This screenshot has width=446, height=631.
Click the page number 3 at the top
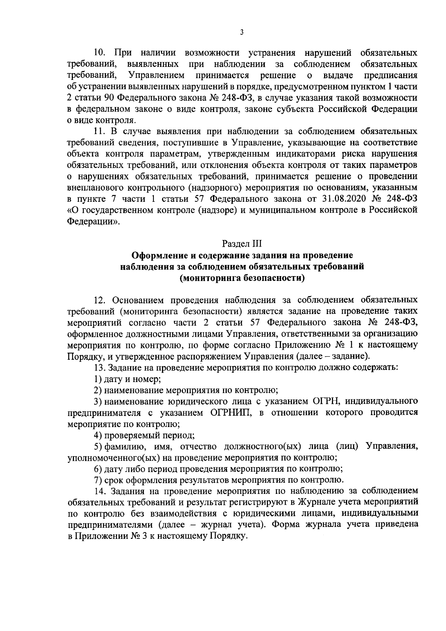(242, 33)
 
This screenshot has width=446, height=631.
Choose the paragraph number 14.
(101, 491)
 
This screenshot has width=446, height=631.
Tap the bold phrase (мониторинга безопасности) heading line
(242, 278)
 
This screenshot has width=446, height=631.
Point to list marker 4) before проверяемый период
(98, 435)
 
